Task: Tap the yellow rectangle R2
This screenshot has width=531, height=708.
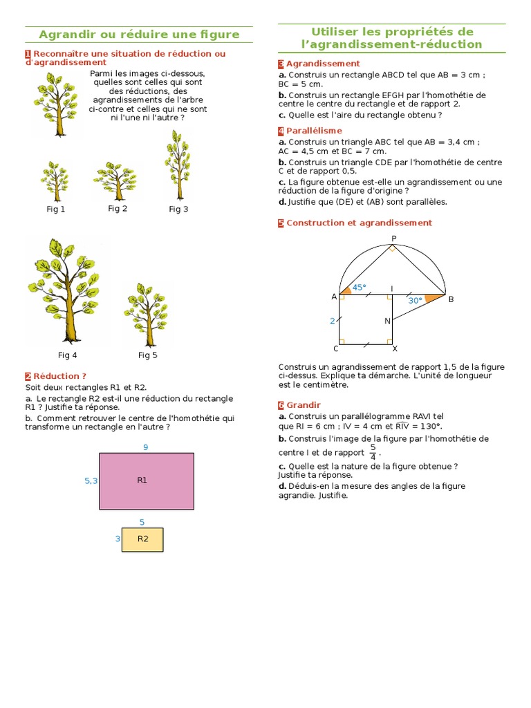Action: [x=142, y=539]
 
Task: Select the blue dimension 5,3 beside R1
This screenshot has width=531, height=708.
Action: [x=91, y=481]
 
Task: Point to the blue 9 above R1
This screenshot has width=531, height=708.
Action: [x=146, y=447]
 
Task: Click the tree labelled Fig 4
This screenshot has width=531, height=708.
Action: [x=66, y=290]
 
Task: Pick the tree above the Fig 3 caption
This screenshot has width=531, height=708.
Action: [x=177, y=164]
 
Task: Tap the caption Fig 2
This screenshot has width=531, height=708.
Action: [x=118, y=208]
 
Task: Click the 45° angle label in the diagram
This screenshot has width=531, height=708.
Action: [x=359, y=287]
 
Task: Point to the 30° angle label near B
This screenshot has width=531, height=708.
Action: [x=415, y=300]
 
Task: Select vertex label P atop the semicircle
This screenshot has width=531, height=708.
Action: [x=393, y=239]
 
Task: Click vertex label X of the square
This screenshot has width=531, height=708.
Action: [x=395, y=348]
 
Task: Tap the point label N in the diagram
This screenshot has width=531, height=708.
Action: [x=387, y=321]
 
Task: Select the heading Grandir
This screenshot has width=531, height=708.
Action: [x=304, y=404]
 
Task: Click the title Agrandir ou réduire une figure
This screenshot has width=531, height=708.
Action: [x=139, y=35]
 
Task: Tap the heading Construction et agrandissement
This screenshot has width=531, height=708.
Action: [x=359, y=223]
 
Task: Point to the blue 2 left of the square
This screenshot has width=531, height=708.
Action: [x=332, y=321]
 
